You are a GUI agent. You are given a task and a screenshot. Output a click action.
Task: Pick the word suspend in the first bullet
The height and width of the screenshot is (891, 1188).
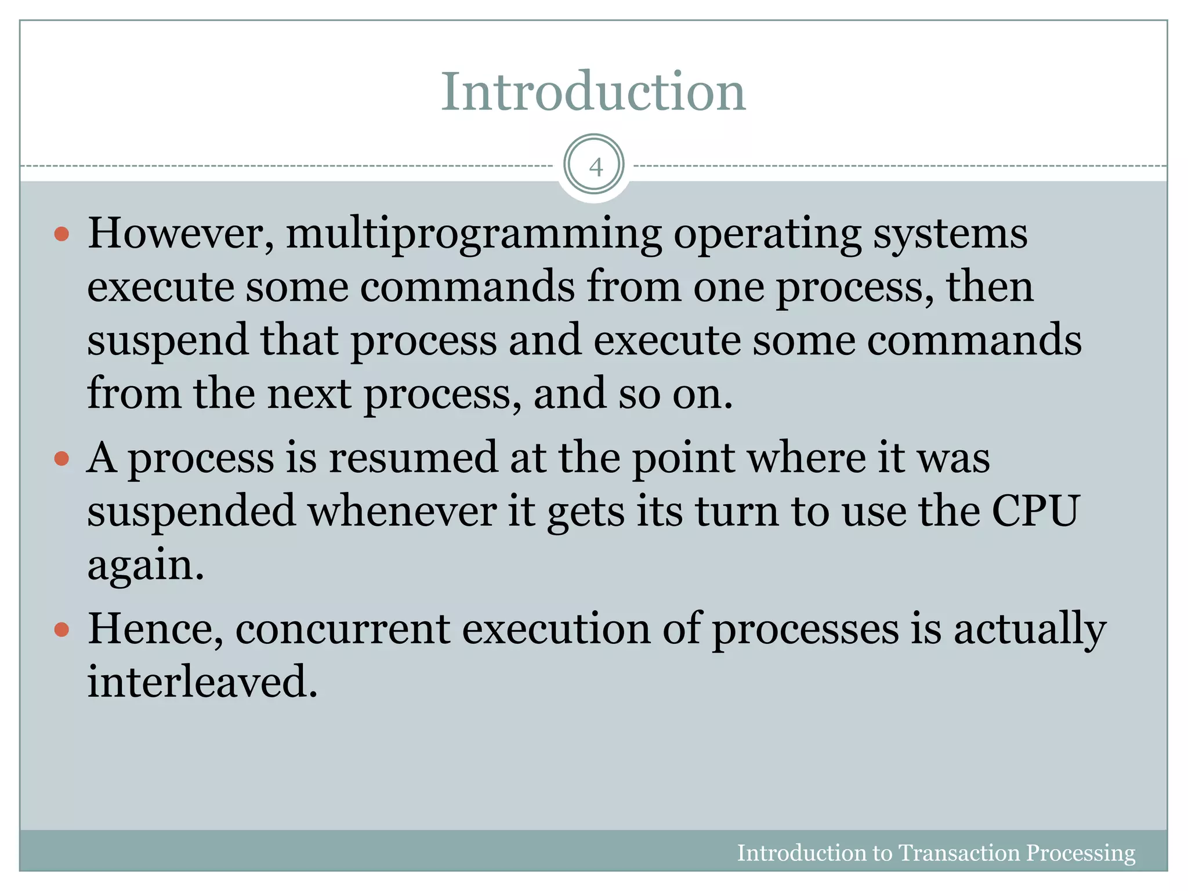pyautogui.click(x=168, y=341)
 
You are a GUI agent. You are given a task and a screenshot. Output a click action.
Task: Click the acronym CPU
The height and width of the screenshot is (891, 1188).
pyautogui.click(x=1035, y=512)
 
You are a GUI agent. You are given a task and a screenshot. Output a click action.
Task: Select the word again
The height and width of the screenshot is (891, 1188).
pyautogui.click(x=145, y=566)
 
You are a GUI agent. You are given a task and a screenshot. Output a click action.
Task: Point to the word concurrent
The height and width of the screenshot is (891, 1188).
pyautogui.click(x=342, y=629)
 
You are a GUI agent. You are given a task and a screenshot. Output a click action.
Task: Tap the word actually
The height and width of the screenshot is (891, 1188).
pyautogui.click(x=1030, y=630)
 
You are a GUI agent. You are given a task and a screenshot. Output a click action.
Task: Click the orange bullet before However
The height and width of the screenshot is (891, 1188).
pyautogui.click(x=61, y=235)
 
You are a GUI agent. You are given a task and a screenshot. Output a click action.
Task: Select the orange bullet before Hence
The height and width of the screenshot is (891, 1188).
pyautogui.click(x=61, y=629)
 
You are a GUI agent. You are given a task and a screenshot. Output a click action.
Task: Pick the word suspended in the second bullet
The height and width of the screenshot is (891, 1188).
pyautogui.click(x=191, y=512)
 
